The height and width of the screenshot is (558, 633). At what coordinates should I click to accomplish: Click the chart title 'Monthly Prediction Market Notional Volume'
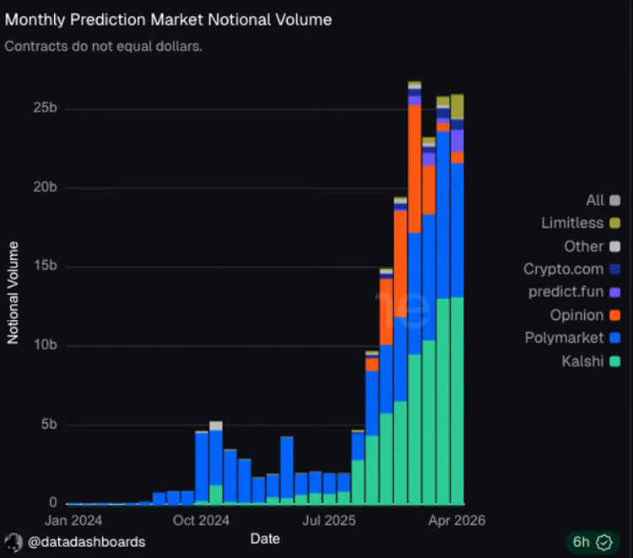[168, 19]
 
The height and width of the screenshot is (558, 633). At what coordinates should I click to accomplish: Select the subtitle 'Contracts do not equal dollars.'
[103, 46]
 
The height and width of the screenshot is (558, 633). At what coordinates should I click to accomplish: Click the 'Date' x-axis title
[265, 538]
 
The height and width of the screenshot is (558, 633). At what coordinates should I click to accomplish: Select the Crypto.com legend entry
[571, 269]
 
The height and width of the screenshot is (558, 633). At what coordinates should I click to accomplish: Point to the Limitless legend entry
[580, 223]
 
